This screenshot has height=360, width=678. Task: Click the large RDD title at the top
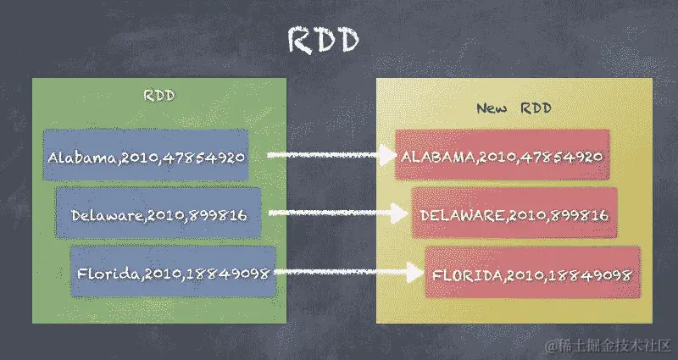(x=324, y=40)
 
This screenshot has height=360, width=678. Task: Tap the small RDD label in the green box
(x=159, y=95)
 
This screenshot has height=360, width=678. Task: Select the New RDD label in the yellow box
(x=514, y=108)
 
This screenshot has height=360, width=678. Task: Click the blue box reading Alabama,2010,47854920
(x=147, y=156)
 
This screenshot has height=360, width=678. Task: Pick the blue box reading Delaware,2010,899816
(x=159, y=215)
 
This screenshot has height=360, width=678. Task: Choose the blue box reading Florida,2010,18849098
(x=173, y=273)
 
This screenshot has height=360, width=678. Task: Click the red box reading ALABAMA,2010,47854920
(x=502, y=156)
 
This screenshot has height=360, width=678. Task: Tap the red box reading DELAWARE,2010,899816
(x=514, y=215)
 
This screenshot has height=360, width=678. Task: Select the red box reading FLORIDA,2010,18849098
(x=531, y=274)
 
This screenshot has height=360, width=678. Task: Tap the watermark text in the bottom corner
(x=609, y=346)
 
